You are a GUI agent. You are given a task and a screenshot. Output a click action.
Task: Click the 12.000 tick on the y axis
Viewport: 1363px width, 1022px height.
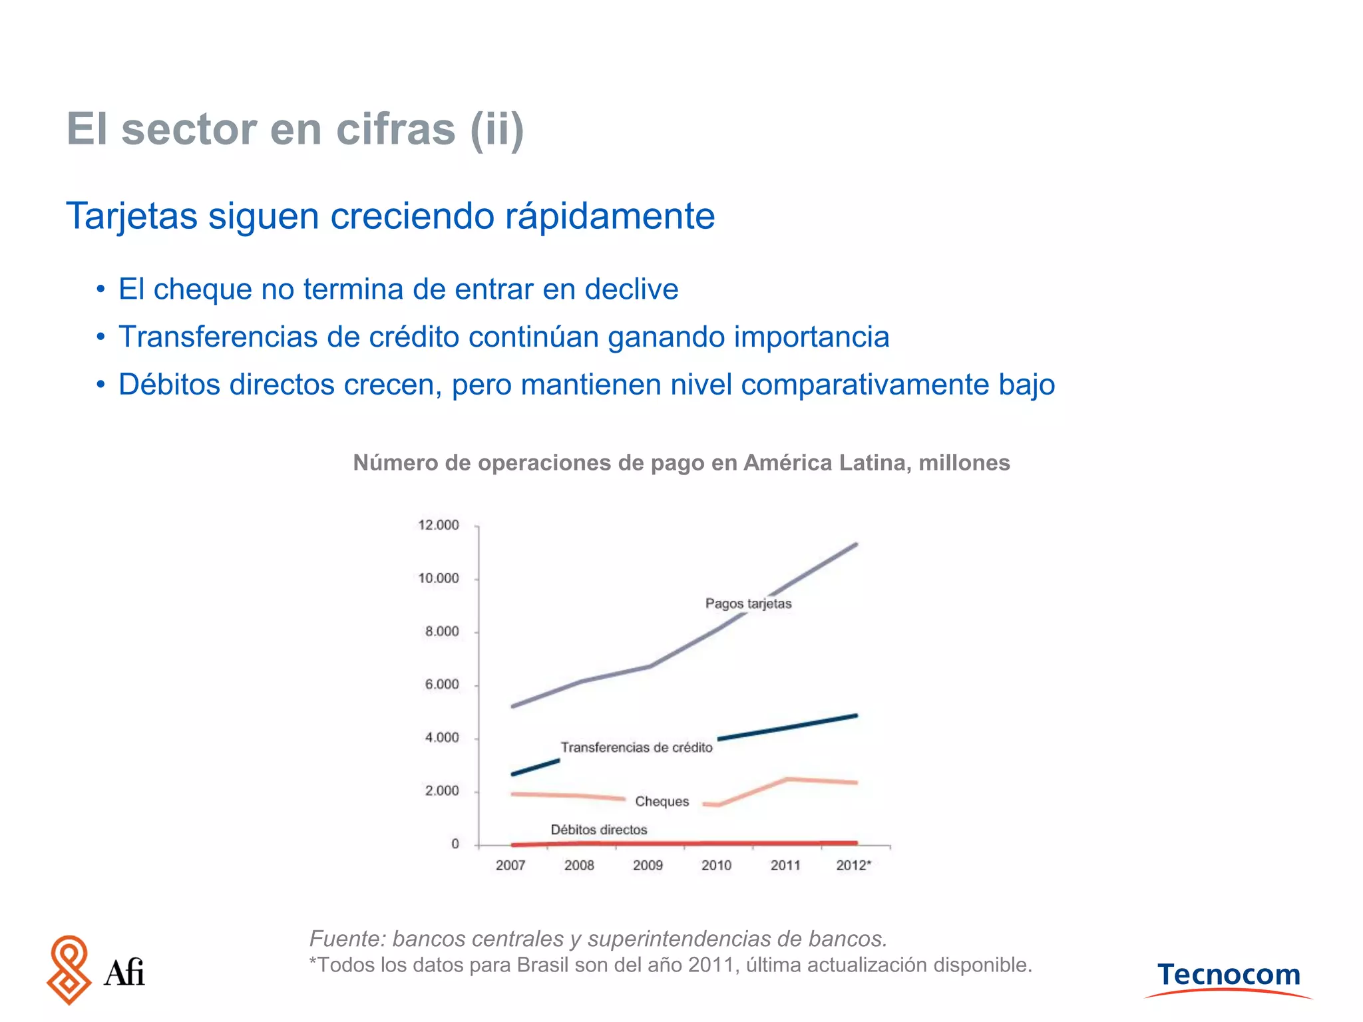click(438, 526)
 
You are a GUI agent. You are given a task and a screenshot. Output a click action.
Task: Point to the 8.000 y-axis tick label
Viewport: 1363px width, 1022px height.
click(442, 631)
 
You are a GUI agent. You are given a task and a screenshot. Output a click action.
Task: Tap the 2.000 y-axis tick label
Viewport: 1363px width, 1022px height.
click(442, 791)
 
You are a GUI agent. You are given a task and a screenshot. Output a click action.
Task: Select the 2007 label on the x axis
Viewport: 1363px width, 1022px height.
click(510, 866)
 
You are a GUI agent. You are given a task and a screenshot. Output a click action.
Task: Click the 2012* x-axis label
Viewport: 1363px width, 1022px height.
click(853, 866)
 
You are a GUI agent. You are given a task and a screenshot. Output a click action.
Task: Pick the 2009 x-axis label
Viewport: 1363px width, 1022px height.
click(648, 866)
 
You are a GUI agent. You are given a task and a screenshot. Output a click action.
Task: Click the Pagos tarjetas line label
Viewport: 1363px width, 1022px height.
click(748, 604)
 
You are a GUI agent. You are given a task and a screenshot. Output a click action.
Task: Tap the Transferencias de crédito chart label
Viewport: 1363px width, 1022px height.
click(636, 748)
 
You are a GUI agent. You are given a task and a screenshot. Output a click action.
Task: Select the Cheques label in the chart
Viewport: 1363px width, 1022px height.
click(662, 802)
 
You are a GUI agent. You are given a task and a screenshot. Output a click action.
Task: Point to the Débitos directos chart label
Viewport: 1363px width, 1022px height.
click(598, 830)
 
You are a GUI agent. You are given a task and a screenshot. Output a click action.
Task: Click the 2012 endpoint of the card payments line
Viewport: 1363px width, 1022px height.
click(856, 544)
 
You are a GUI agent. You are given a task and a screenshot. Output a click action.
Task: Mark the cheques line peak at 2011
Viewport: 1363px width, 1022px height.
click(787, 779)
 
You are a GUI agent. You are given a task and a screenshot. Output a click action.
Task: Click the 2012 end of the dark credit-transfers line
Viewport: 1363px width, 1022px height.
click(856, 716)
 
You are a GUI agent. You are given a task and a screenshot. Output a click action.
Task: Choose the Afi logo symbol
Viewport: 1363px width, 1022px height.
click(69, 970)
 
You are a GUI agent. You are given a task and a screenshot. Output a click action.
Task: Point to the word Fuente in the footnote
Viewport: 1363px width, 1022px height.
click(346, 939)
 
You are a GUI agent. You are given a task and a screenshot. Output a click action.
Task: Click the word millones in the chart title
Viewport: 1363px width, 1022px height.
click(964, 462)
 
